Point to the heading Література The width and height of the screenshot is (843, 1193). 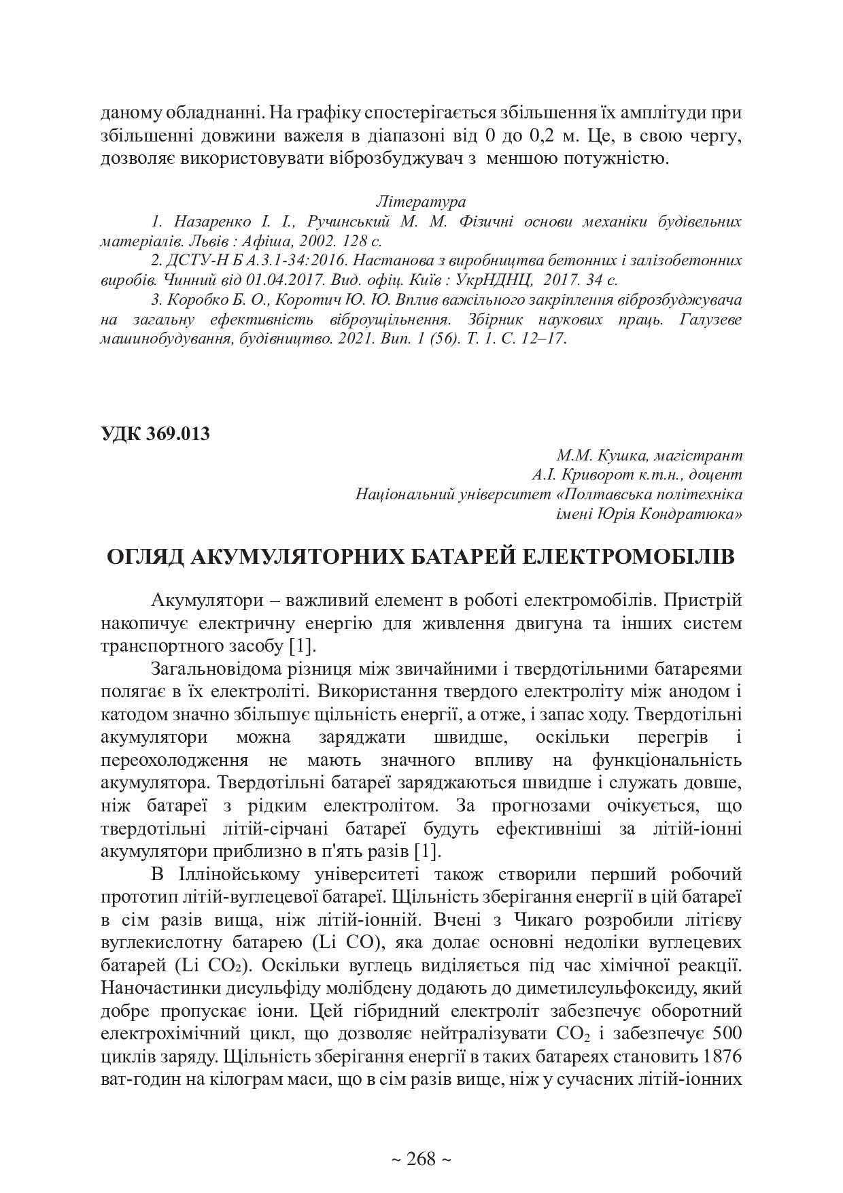pos(421,202)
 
